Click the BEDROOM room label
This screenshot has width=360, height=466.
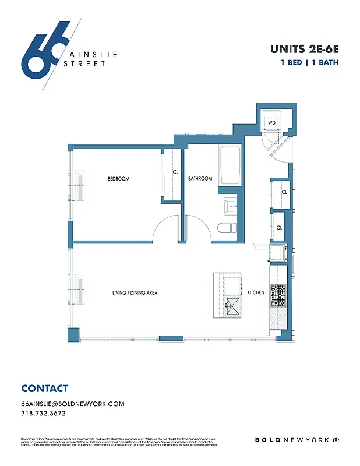[118, 178]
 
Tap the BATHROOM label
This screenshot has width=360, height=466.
[200, 178]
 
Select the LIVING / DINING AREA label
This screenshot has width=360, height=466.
[136, 292]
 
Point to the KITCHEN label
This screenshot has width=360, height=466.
[256, 292]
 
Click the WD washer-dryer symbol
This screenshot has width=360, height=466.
[271, 123]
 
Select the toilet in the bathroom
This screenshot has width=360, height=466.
[225, 228]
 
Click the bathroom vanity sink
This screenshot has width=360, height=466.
[230, 204]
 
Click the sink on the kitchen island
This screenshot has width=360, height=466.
[233, 306]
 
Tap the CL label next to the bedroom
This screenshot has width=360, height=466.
[175, 172]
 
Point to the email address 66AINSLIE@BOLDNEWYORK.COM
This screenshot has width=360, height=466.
[73, 404]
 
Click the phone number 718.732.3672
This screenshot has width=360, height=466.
[43, 414]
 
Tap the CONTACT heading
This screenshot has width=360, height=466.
[44, 389]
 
